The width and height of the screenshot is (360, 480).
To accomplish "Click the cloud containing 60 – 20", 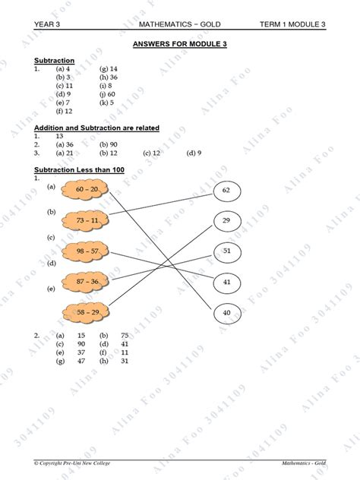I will point(87,189).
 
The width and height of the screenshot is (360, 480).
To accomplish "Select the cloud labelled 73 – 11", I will point(87,220).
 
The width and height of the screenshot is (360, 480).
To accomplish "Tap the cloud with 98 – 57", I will point(87,251).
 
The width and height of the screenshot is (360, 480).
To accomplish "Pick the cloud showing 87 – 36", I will point(87,281).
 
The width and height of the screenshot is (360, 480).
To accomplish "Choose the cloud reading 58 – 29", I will point(87,312).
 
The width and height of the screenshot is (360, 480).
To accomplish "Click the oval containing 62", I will point(226,190).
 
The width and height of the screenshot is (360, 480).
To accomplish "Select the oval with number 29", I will point(226,221).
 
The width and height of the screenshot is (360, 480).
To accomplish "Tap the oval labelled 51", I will point(226,251).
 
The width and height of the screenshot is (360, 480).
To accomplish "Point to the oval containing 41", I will point(226,281).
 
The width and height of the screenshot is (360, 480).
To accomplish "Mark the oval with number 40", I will point(226,312).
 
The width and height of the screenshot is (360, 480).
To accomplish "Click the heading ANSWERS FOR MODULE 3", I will point(179,45).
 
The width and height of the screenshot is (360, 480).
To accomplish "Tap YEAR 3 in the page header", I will point(47,25).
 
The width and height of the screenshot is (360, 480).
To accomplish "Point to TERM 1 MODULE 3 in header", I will point(292,25).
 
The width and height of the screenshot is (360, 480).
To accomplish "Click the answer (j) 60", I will point(107,93).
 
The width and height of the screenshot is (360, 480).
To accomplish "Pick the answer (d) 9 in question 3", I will point(194,153).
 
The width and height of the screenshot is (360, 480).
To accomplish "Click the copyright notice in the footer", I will point(74,463).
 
